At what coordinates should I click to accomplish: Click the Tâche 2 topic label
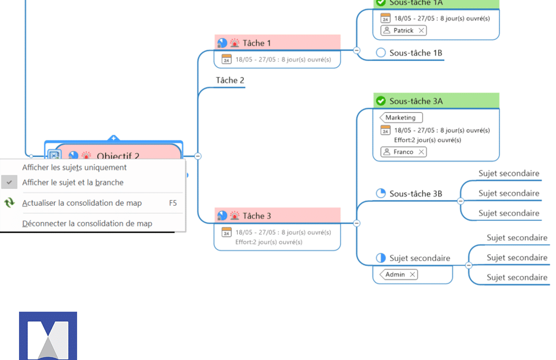pos(230,80)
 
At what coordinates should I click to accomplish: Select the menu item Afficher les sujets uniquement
pos(74,167)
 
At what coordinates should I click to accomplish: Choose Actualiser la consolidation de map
pos(82,203)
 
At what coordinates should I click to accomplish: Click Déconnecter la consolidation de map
pos(87,223)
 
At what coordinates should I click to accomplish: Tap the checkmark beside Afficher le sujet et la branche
pos(9,182)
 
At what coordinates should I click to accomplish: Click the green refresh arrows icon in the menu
pos(9,203)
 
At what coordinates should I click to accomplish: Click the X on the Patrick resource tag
pos(421,30)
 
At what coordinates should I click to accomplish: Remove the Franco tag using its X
pos(421,152)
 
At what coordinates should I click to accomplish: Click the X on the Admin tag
pos(413,275)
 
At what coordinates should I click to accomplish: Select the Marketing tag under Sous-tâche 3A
pos(401,117)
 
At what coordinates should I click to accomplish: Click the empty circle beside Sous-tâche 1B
pos(381,53)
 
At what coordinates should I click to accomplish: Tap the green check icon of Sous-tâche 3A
pos(381,101)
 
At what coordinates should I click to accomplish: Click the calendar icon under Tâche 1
pos(226,59)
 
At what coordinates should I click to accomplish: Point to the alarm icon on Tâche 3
pos(235,216)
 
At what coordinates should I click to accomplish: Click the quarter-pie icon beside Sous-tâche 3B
pos(381,193)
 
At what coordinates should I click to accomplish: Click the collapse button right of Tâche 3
pos(357,223)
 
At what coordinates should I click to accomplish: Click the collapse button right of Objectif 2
pos(198,156)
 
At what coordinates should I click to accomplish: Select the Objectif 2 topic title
pos(118,156)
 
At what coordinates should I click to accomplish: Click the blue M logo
pos(48,335)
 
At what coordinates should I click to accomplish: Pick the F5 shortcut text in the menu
pos(173,203)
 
